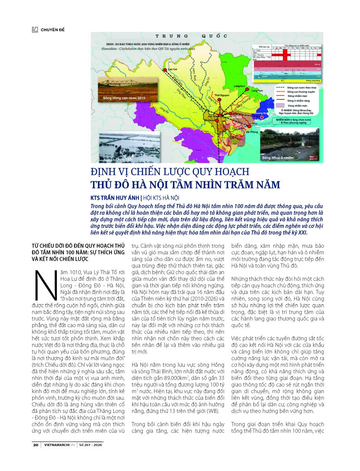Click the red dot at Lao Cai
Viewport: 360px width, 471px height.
click(164, 71)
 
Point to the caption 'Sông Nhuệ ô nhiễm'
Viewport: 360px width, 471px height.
click(278, 157)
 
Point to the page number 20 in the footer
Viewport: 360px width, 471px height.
click(35, 445)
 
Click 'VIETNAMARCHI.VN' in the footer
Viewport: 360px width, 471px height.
click(61, 445)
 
